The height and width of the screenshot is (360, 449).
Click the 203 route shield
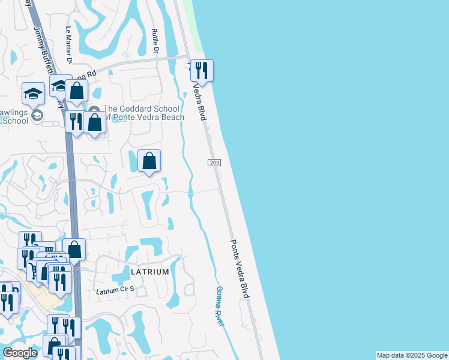click(x=214, y=163)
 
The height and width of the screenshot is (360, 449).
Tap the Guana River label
click(x=220, y=306)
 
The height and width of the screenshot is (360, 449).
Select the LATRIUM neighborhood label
click(x=146, y=272)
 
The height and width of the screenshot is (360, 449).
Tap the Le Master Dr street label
click(x=69, y=46)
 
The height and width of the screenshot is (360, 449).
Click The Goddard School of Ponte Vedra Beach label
click(x=143, y=113)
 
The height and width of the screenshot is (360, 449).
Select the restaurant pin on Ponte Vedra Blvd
click(x=202, y=71)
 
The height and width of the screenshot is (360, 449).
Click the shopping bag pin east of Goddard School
click(x=149, y=161)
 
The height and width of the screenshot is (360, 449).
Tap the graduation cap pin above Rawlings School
click(x=33, y=93)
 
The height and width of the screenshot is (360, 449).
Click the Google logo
click(x=20, y=353)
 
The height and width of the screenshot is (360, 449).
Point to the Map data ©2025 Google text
click(x=411, y=355)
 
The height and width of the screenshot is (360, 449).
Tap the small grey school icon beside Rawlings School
click(x=37, y=115)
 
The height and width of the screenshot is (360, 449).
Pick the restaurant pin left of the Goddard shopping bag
click(x=75, y=122)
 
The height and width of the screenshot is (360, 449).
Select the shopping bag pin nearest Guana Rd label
click(x=77, y=91)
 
